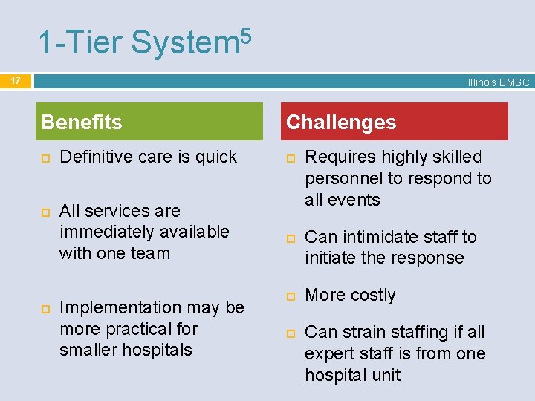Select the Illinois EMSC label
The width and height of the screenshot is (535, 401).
tap(498, 82)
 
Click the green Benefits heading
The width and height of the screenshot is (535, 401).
tap(82, 122)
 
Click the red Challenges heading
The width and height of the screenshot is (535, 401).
tap(341, 122)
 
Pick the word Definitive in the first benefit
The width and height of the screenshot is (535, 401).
tap(93, 157)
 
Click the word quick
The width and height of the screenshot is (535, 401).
tap(216, 157)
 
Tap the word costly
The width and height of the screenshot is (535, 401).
tap(373, 295)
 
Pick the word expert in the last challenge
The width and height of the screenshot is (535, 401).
tap(328, 353)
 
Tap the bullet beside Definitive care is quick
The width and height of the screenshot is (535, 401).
tap(45, 157)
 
